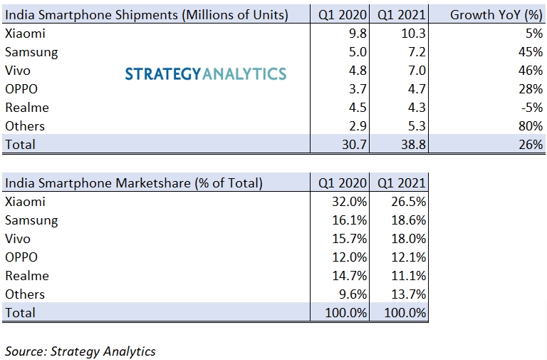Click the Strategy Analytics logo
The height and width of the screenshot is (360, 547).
[206, 73]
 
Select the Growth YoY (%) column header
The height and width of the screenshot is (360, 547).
[496, 15]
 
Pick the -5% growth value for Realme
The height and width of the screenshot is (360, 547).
[531, 108]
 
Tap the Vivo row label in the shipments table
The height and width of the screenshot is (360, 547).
[18, 71]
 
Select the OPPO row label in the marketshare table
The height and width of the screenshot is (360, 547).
[21, 257]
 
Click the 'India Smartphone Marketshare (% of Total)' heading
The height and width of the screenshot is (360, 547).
[134, 183]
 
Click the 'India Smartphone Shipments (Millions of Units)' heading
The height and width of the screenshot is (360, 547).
[147, 15]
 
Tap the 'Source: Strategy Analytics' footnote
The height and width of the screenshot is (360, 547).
[80, 351]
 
